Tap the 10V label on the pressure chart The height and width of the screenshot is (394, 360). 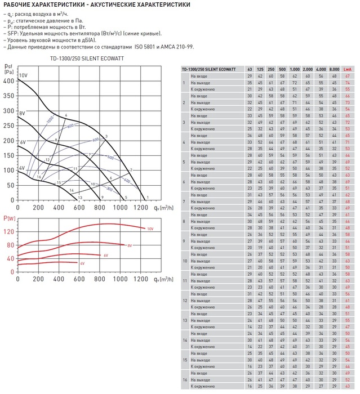(x=23, y=75)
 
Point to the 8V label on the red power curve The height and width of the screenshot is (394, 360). (x=129, y=245)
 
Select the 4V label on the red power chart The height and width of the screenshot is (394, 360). (x=82, y=263)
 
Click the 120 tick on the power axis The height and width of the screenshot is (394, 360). (x=8, y=232)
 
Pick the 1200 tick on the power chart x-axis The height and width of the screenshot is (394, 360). (x=141, y=279)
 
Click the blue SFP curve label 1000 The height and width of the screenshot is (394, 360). (x=50, y=120)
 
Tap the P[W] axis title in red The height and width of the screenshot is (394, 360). (x=8, y=218)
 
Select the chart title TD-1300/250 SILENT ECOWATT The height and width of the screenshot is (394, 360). (x=87, y=59)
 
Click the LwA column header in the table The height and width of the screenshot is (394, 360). (x=348, y=69)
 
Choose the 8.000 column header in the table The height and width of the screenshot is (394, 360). (x=334, y=69)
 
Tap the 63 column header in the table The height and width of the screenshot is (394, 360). (x=250, y=69)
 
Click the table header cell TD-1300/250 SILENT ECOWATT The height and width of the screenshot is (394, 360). (x=210, y=69)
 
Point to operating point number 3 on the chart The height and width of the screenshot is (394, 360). (x=106, y=137)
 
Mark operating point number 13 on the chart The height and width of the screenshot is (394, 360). (x=81, y=198)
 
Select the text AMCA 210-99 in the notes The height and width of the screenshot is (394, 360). (x=176, y=47)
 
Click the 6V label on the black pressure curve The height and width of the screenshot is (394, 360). (x=23, y=142)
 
